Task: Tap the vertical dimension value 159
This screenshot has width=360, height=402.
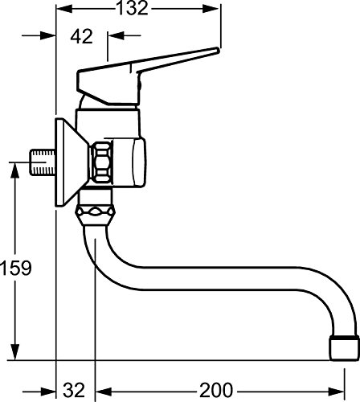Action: (15, 267)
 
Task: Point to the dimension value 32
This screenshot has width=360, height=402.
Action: (75, 390)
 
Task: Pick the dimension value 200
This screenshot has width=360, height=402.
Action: (216, 390)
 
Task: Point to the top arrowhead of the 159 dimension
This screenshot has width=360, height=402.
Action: (15, 166)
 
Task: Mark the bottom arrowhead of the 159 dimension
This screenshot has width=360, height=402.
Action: (15, 355)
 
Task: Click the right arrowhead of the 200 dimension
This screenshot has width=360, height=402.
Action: (354, 390)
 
